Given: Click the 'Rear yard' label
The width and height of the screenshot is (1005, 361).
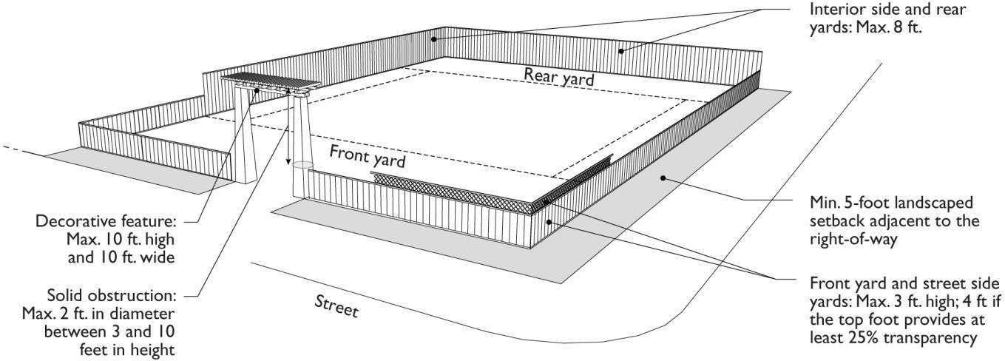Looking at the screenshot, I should click(559, 76).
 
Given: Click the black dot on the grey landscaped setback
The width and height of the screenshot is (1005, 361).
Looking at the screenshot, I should click(664, 178).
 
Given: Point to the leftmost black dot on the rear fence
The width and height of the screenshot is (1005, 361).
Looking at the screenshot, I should click(435, 38).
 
